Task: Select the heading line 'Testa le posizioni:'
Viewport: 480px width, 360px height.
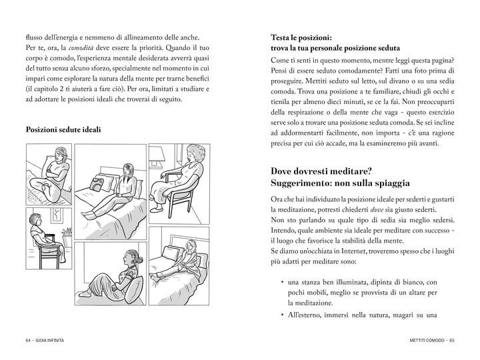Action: [302, 37]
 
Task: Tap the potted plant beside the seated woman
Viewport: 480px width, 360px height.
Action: [66, 233]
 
